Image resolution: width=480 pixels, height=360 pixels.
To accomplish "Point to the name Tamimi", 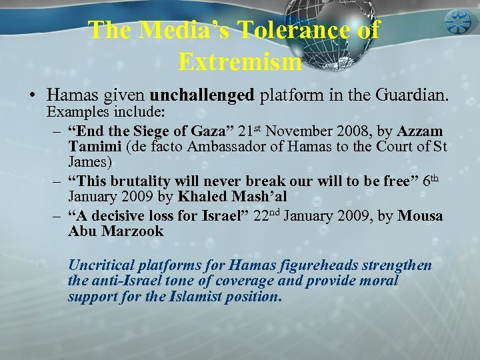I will (92, 147).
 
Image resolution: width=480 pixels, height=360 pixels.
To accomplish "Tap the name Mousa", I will (419, 217).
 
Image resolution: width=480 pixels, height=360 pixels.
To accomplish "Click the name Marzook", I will (130, 232).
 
